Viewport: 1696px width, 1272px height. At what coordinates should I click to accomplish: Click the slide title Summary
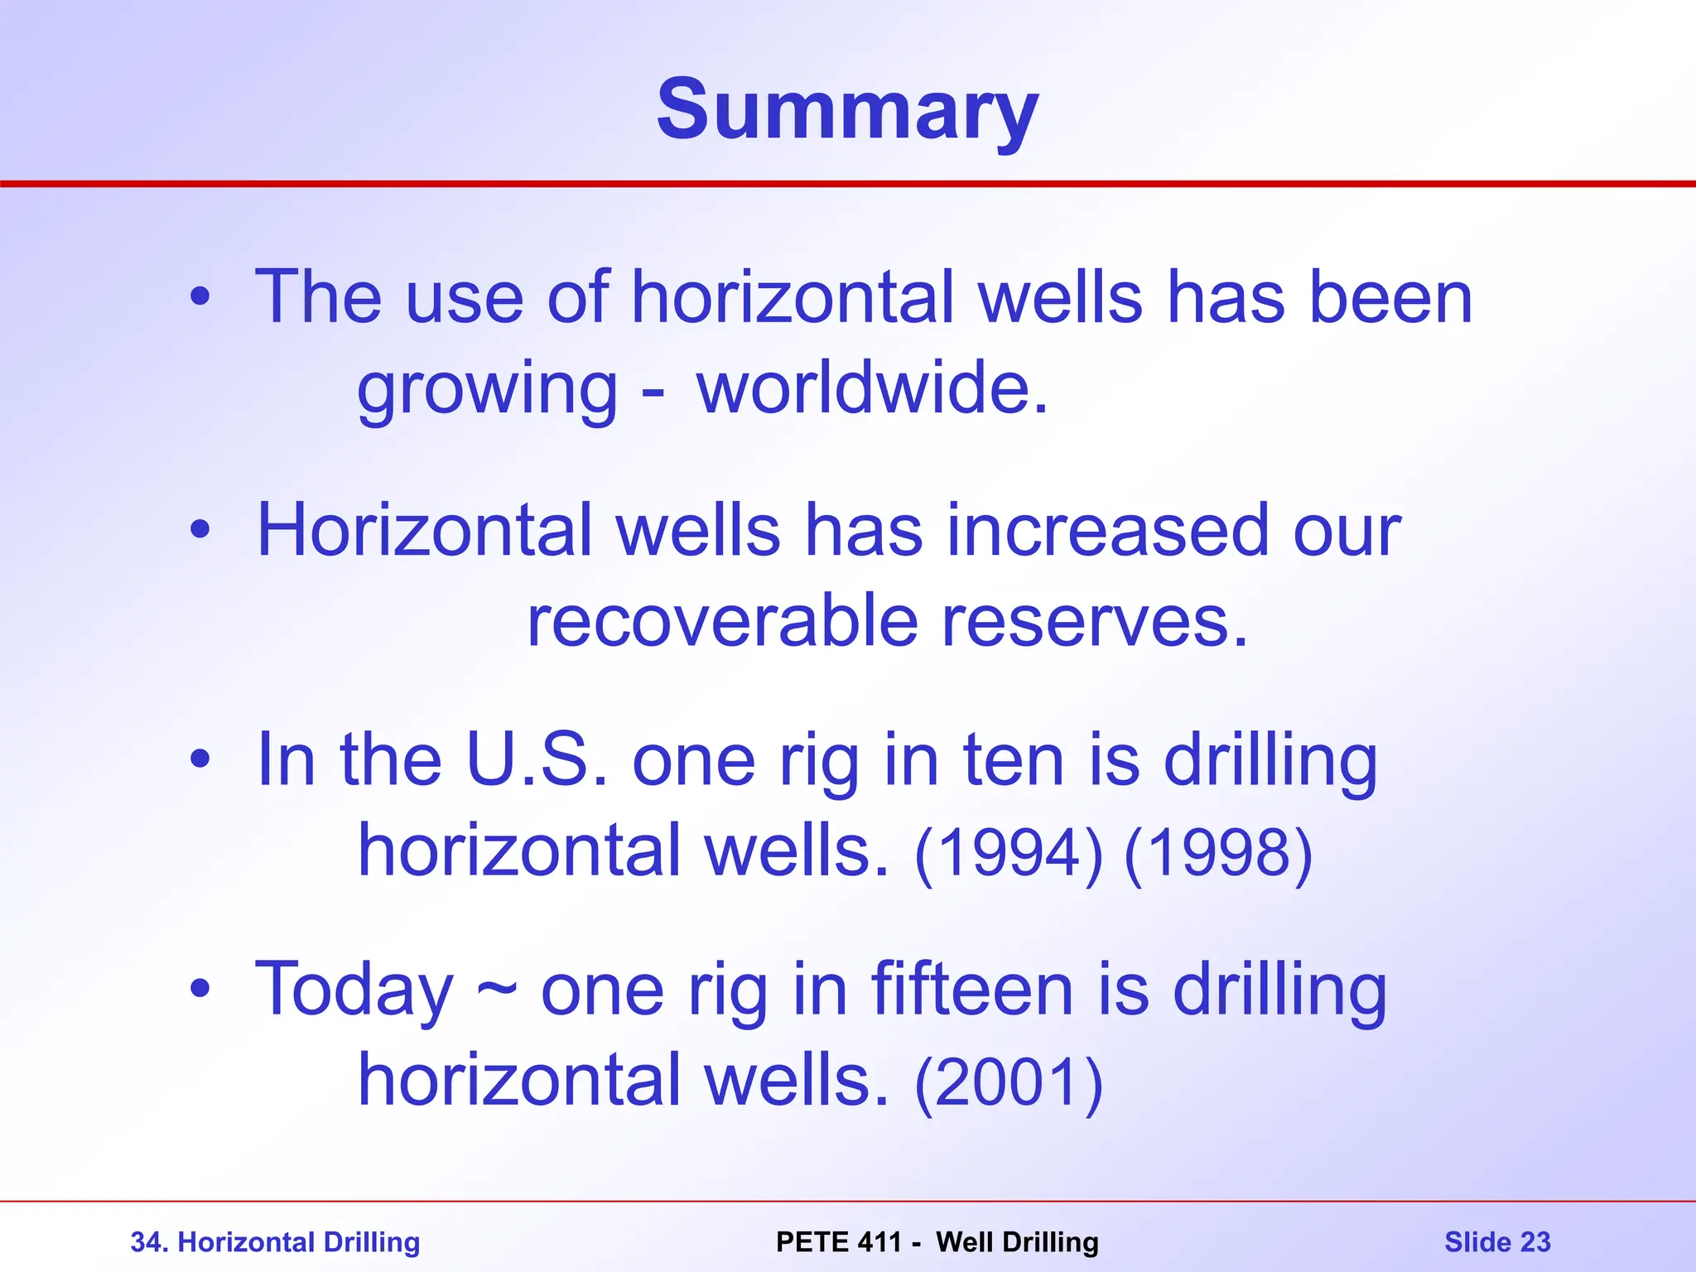[x=847, y=110]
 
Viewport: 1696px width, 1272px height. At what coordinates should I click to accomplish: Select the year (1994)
[x=1009, y=853]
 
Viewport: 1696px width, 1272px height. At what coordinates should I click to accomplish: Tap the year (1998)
[x=1218, y=853]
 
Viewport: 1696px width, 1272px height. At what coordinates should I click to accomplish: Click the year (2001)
[x=1009, y=1082]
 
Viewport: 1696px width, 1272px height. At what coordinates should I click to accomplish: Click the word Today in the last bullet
[x=354, y=990]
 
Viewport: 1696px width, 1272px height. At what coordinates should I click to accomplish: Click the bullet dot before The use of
[x=200, y=296]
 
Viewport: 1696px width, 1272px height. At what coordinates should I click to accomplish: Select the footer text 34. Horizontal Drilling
[x=275, y=1242]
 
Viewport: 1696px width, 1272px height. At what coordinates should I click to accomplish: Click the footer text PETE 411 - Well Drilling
[x=937, y=1242]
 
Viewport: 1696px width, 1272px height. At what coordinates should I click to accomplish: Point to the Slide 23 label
[x=1497, y=1242]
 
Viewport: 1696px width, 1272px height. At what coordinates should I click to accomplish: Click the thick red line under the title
[x=848, y=184]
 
